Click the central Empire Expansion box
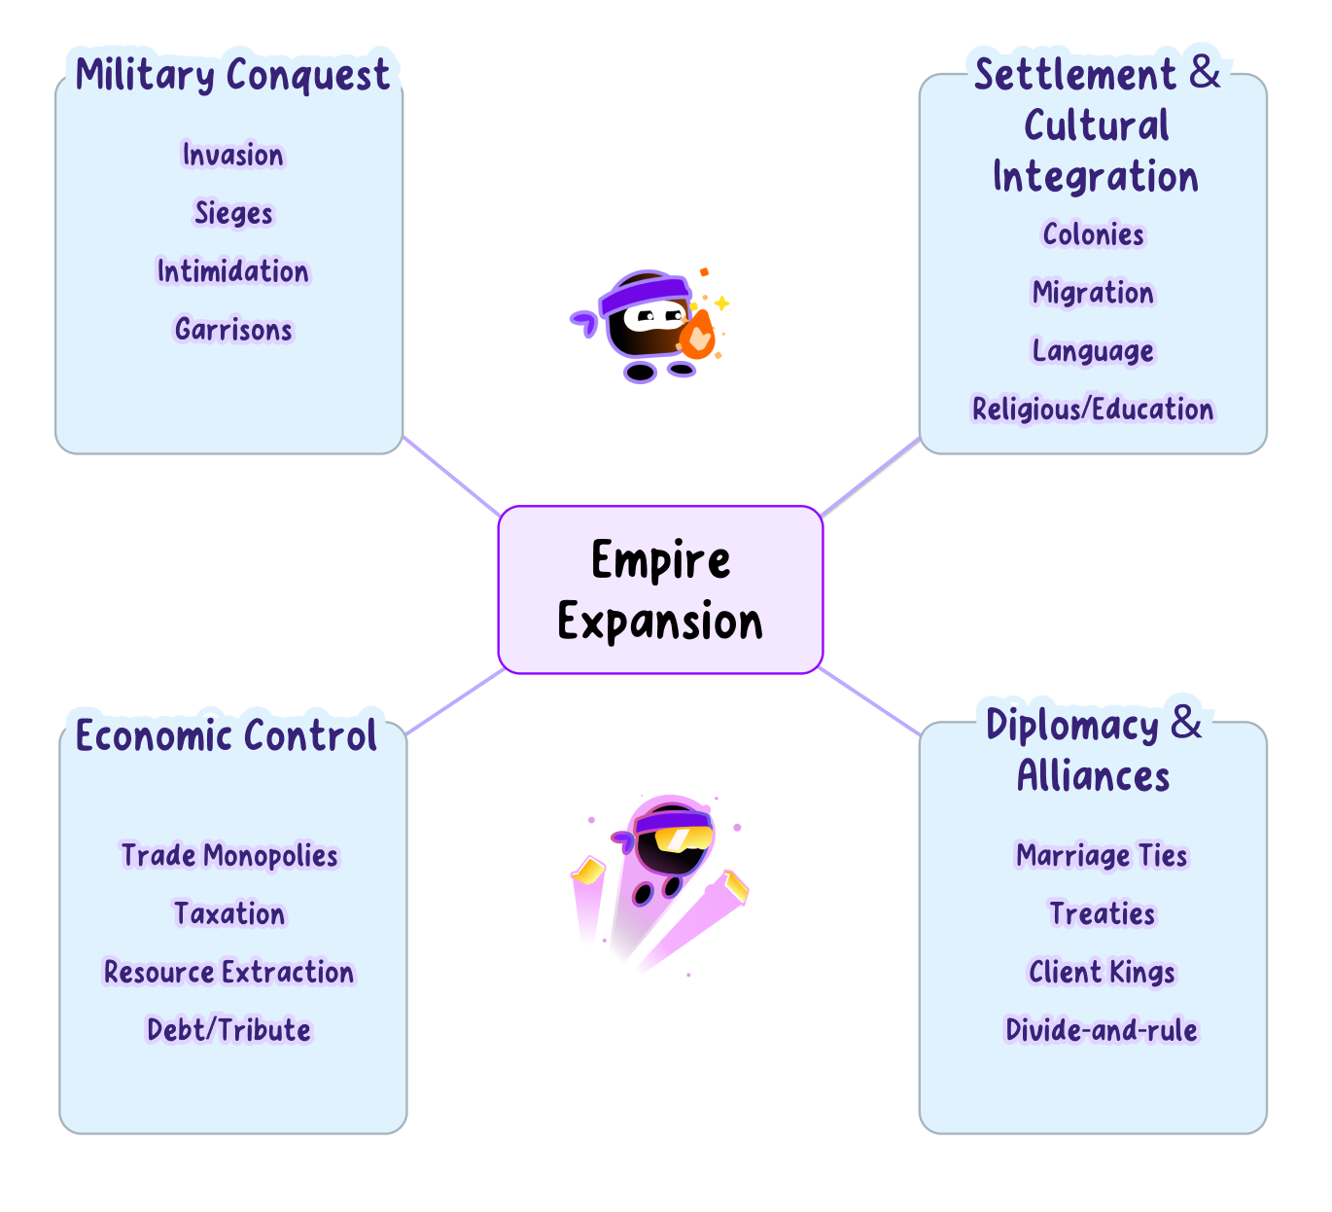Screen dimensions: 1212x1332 (x=660, y=589)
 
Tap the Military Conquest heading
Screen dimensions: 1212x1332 (x=232, y=75)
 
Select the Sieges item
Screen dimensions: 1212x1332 (x=233, y=213)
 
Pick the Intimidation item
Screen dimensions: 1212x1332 (x=233, y=271)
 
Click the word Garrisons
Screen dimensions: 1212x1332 (x=233, y=330)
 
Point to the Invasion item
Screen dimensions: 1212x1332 (x=233, y=155)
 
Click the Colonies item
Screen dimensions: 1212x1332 (x=1093, y=234)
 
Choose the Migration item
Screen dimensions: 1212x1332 (x=1093, y=293)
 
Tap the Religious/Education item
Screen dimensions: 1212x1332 (x=1093, y=410)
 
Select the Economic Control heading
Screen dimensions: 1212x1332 (x=227, y=735)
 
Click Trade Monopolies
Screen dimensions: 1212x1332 (x=229, y=856)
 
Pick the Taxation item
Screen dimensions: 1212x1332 (x=229, y=914)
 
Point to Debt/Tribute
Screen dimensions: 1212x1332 (x=229, y=1030)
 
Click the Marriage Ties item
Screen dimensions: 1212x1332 (x=1102, y=856)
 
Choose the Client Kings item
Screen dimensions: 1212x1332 (x=1102, y=973)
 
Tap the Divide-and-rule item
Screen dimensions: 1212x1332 (x=1102, y=1030)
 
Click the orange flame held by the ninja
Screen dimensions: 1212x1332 (x=697, y=337)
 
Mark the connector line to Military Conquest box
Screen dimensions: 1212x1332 (x=451, y=477)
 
